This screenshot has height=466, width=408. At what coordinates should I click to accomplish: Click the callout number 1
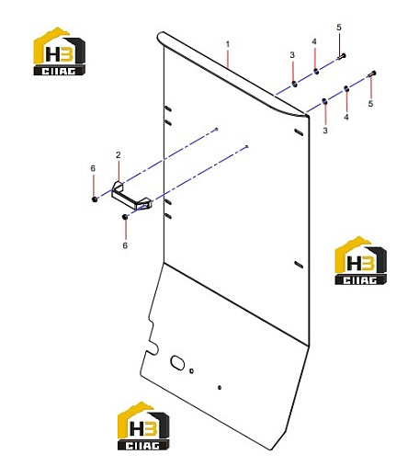pos(228,44)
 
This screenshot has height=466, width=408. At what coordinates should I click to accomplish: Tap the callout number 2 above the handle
pos(119,155)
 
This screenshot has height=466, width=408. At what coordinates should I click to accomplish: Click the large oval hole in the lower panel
pos(177,362)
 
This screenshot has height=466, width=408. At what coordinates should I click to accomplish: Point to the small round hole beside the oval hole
pos(192,371)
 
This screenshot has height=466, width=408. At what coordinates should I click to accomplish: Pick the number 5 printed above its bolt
pos(339,28)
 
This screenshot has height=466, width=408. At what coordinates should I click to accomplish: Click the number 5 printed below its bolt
pos(370,104)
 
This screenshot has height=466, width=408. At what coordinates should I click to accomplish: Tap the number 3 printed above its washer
pos(292,55)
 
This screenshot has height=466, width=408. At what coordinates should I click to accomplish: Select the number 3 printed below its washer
pos(325,131)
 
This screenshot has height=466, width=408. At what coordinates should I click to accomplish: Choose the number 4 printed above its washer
pos(314,41)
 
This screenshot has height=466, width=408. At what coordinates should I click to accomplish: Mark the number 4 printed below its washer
pos(346,117)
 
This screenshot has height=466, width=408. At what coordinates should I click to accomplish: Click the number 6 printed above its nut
pos(93,168)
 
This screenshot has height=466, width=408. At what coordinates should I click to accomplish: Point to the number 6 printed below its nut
pos(125,245)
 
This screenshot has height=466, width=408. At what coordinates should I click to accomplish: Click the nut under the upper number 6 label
pos(95,199)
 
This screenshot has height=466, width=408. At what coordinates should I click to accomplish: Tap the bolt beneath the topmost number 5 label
pos(342,56)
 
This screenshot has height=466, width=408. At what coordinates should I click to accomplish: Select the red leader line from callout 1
pos(228,59)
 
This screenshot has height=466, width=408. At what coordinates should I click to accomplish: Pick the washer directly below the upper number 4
pos(315,72)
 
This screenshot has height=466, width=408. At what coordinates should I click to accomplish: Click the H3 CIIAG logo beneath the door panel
pos(143,426)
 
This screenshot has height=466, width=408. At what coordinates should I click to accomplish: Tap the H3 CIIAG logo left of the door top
pos(59,51)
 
